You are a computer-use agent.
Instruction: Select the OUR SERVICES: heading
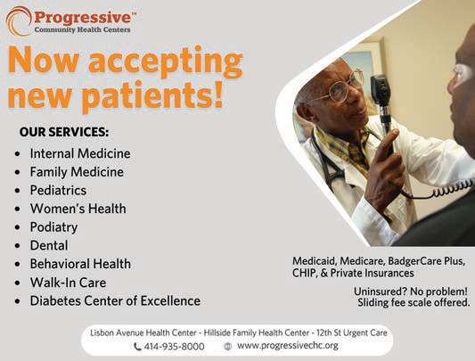(x=64, y=132)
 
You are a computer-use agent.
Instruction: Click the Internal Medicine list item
(x=80, y=153)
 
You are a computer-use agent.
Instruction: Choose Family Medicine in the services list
(x=77, y=172)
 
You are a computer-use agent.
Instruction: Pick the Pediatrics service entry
(x=58, y=191)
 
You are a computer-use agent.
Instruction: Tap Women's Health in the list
(x=78, y=209)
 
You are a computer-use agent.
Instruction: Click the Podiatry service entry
(x=54, y=227)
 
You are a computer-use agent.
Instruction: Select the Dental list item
(x=49, y=245)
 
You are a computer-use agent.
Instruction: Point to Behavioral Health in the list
(x=80, y=264)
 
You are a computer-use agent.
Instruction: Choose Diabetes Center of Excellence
(x=115, y=300)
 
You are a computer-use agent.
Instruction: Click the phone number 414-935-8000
(x=175, y=346)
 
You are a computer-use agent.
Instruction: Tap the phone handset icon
(x=137, y=346)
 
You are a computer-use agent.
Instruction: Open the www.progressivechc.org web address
(x=287, y=345)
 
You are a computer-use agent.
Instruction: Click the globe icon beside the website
(x=228, y=346)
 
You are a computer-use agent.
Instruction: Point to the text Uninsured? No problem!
(x=410, y=291)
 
